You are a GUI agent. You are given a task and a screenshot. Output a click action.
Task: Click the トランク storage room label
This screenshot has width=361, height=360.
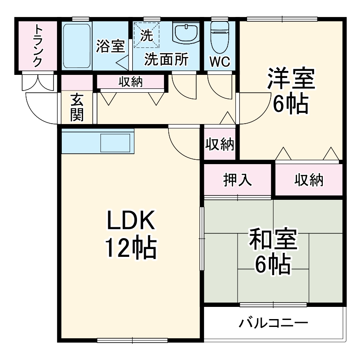(38, 45)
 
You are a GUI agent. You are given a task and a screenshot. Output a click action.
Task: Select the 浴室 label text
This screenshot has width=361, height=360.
(110, 46)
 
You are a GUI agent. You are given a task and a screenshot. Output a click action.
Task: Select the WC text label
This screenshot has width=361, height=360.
(220, 62)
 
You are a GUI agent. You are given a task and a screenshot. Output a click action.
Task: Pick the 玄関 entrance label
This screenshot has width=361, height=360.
(77, 108)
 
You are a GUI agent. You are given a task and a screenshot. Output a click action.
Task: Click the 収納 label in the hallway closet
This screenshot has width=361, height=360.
(130, 81)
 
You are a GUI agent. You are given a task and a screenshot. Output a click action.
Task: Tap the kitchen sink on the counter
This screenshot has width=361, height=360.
(116, 142)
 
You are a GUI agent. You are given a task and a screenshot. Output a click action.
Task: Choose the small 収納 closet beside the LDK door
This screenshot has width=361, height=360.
(220, 144)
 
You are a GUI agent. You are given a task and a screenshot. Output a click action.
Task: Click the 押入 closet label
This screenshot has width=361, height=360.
(238, 180)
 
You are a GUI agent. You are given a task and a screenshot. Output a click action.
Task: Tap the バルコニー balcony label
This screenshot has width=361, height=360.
(274, 323)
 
